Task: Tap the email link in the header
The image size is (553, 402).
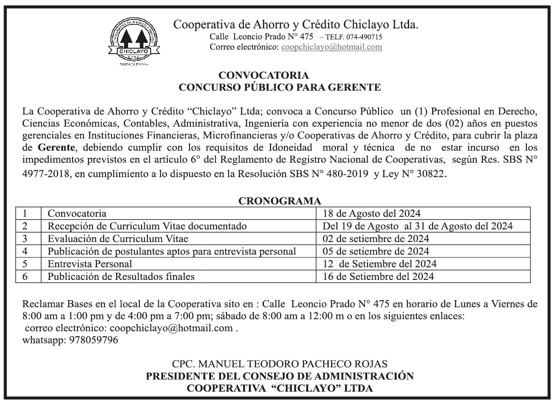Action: [x=332, y=47]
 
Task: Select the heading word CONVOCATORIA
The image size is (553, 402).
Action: [x=264, y=75]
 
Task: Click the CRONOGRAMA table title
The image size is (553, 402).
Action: [x=279, y=201]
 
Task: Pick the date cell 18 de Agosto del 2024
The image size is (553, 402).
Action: [x=372, y=213]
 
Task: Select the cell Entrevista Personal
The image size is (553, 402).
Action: [x=90, y=264]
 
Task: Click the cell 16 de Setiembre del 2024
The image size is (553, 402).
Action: [x=378, y=276]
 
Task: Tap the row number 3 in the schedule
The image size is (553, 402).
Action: [x=25, y=238]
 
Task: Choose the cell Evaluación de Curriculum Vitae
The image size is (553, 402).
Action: [x=118, y=238]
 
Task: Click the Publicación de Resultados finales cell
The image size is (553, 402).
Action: [x=121, y=276]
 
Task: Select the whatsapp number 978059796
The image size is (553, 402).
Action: [x=94, y=340]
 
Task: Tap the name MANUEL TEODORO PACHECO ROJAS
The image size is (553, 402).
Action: [x=280, y=363]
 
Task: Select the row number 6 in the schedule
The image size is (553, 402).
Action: [x=25, y=276]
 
